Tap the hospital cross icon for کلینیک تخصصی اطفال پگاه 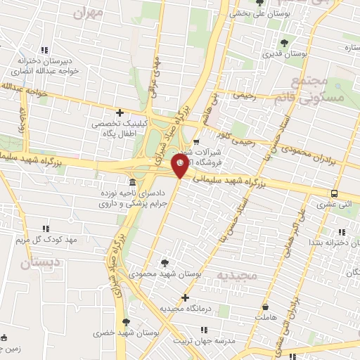(x=120, y=112)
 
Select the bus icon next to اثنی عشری (x=334, y=194)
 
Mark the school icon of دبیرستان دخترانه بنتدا (x=342, y=231)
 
